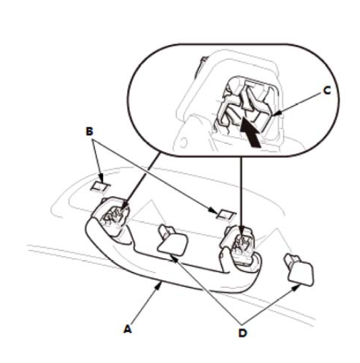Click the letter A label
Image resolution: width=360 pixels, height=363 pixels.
128,329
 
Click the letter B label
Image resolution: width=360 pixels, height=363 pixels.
89,131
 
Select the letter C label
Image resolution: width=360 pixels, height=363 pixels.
327,91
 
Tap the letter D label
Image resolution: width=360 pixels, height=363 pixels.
243,333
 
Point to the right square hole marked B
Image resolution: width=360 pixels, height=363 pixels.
225,215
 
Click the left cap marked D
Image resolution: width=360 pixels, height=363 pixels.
172,241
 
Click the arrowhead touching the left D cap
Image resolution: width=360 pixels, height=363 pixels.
174,258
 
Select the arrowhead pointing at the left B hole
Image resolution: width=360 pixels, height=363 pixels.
101,179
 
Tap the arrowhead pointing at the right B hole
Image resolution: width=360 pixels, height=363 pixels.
213,210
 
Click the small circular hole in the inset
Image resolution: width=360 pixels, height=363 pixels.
184,143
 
